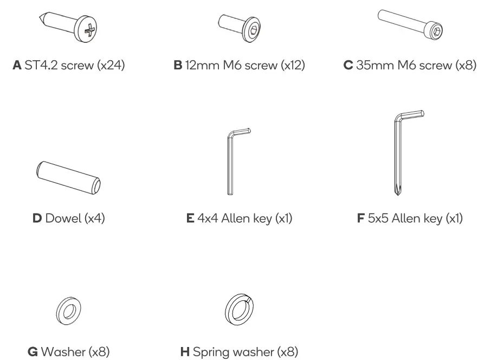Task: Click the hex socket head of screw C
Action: coord(437,33)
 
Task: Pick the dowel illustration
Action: coord(69,177)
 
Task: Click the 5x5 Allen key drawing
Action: coord(401,152)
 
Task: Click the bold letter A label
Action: coord(17,66)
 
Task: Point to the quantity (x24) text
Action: coord(111,66)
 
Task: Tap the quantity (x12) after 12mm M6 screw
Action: coord(293,66)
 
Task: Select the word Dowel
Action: coord(62,218)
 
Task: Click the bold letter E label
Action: coord(190,218)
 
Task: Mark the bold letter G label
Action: coord(33,352)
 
